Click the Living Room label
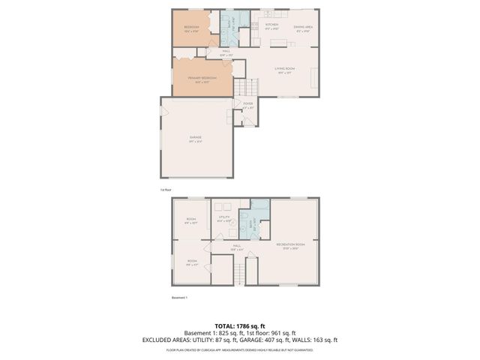283,70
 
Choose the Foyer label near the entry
248,106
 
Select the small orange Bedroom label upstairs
191,29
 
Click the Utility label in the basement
223,218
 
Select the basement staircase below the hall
240,274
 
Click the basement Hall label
234,247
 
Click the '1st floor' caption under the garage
165,190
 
